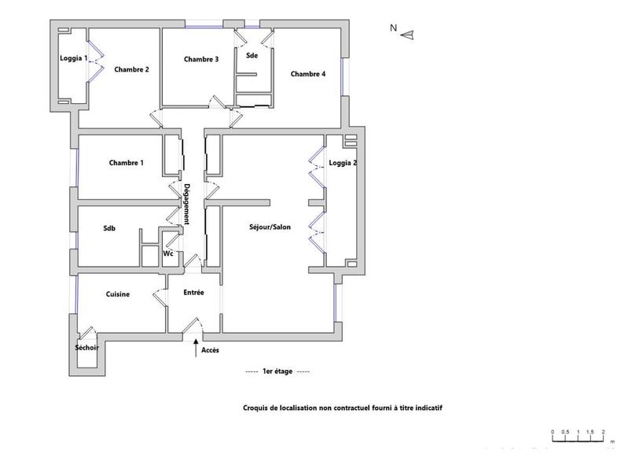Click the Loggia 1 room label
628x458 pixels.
74,59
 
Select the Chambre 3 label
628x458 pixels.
201,59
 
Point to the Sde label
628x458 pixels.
252,56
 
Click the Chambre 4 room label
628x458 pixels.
307,74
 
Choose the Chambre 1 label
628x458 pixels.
126,163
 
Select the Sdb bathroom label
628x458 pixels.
110,228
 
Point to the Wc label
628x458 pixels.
168,253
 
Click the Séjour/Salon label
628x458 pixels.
270,227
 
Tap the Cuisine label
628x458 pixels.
118,294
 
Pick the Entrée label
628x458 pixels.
193,293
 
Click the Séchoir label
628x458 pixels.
86,348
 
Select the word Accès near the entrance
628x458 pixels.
211,349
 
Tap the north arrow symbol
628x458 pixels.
407,33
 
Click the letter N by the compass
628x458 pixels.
393,28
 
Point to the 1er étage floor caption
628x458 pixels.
277,371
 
